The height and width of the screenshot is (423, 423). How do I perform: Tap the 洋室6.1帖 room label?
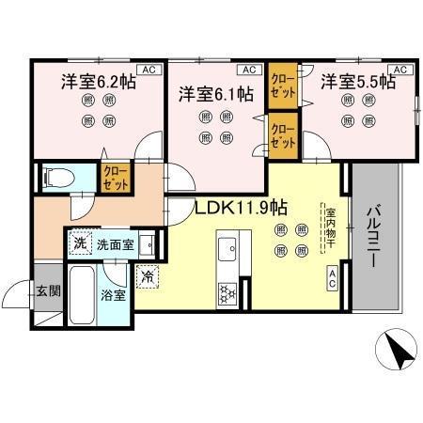point(216,94)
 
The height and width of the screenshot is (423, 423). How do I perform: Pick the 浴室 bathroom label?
point(114,294)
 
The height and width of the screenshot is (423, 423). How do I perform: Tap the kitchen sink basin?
point(228,251)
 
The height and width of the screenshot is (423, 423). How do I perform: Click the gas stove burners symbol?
point(228,293)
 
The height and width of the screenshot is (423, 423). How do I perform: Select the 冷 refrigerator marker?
point(147,275)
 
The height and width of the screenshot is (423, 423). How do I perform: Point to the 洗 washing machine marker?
point(81,243)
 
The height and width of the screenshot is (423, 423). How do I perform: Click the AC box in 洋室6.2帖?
point(149,69)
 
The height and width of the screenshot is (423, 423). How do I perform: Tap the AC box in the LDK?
point(333,275)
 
